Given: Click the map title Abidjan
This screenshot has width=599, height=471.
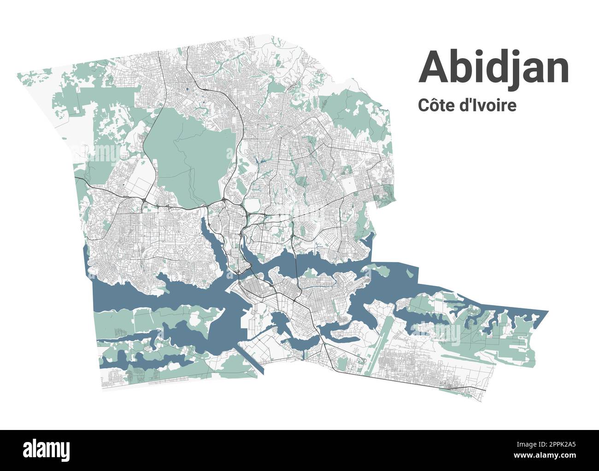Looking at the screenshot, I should coord(493,67).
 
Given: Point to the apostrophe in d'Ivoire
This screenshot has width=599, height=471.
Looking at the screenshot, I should coord(474,101).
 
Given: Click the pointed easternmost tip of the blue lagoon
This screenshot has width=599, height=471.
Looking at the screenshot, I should coord(547,312).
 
